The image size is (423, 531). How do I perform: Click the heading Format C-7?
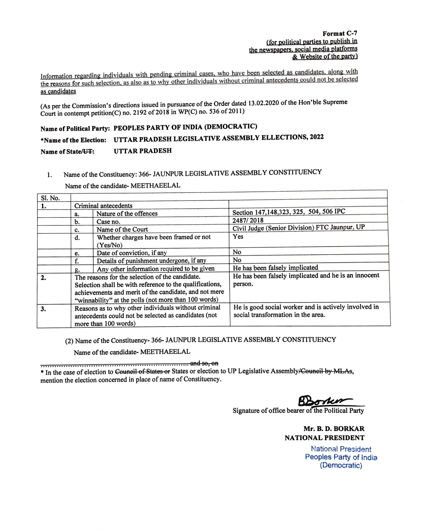click(x=339, y=34)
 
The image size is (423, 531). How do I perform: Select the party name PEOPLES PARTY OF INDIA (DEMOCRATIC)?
click(x=185, y=127)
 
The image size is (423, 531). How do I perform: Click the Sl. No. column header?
click(x=50, y=198)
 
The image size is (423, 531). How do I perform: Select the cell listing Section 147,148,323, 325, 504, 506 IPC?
click(x=289, y=212)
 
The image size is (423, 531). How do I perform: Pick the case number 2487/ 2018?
click(x=248, y=220)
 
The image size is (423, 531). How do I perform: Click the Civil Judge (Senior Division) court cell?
click(x=298, y=227)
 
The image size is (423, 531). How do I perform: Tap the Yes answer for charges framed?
click(x=238, y=237)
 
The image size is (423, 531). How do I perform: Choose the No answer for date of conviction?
click(x=237, y=252)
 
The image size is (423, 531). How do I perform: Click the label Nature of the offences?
click(x=127, y=214)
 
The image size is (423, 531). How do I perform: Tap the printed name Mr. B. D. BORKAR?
click(x=334, y=429)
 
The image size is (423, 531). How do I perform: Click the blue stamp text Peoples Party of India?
click(x=341, y=457)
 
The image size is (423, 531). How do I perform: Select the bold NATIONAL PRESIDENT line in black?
click(x=324, y=438)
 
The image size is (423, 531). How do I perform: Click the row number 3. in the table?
click(x=43, y=308)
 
